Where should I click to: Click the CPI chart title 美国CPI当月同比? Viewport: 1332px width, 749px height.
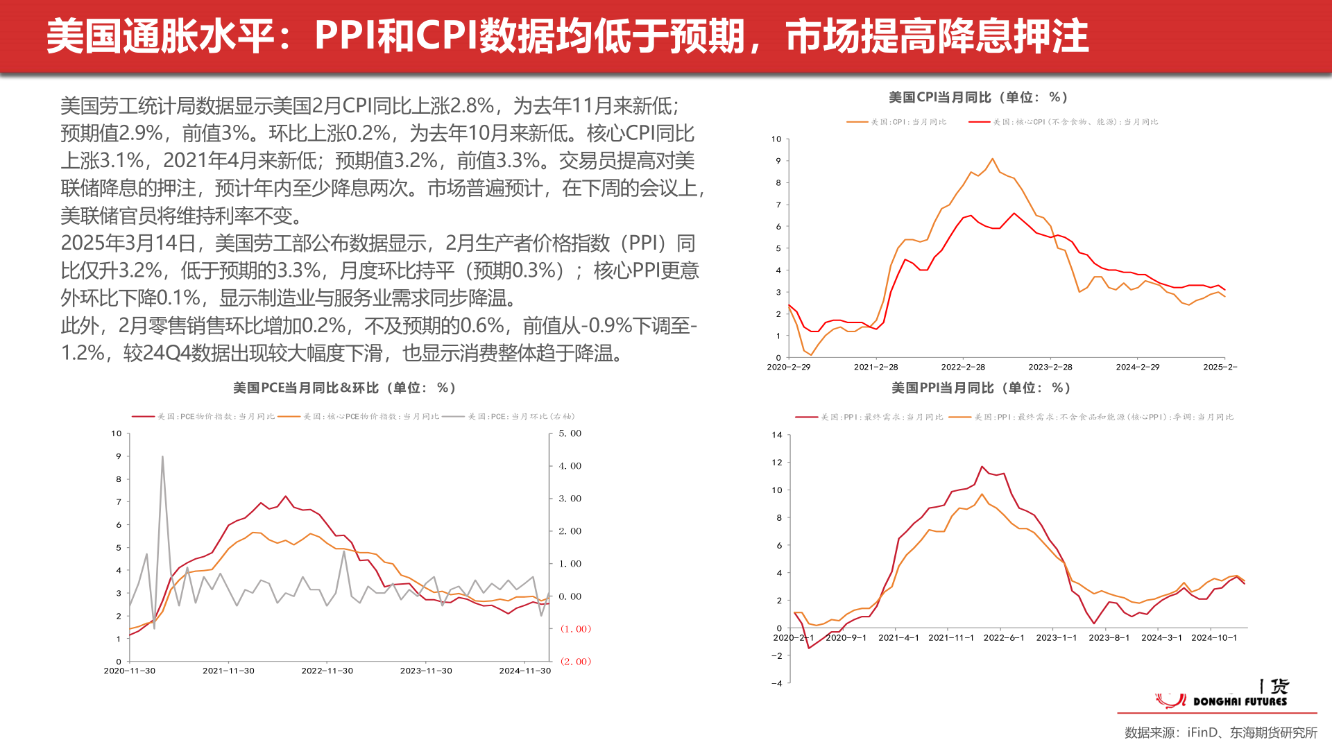point(978,98)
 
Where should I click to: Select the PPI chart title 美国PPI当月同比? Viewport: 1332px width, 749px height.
point(980,388)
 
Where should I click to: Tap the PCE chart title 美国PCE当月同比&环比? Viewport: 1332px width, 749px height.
point(344,388)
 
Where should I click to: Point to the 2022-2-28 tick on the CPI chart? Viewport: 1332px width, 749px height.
point(963,367)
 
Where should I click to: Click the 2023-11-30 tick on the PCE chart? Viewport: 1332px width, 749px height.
point(426,671)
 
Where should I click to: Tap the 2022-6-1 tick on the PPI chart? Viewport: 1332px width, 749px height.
point(1004,638)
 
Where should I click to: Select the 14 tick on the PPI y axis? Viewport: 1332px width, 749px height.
point(777,436)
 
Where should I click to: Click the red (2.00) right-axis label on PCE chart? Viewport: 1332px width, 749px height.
point(575,662)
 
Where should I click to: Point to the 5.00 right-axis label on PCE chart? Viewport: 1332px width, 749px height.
point(570,433)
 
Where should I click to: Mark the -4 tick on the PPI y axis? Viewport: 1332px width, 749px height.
point(777,683)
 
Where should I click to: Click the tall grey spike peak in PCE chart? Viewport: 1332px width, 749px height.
point(162,457)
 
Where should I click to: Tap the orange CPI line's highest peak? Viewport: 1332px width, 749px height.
point(992,159)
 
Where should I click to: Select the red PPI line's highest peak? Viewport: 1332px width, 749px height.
point(982,467)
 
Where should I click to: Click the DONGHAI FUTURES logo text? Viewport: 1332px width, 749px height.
point(1240,702)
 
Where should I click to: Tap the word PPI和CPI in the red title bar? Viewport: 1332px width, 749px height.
point(396,36)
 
